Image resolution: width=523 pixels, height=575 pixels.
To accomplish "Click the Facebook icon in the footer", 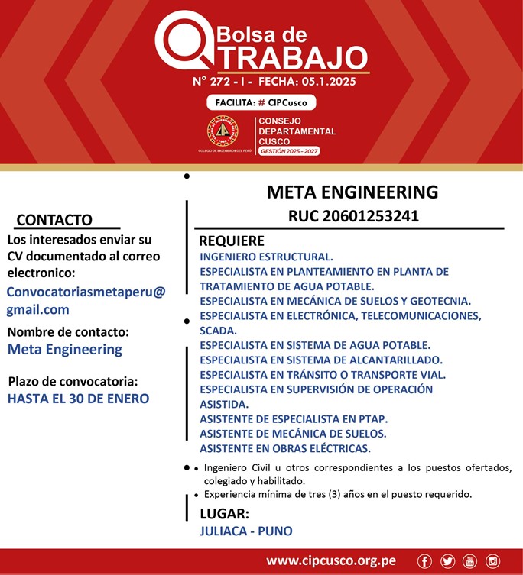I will pos(425,561).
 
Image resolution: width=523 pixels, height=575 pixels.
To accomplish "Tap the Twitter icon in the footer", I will pos(448,561).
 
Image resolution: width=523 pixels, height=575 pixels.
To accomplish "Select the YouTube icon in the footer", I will pos(470,561).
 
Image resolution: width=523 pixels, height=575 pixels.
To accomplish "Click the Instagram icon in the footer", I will pos(493,561).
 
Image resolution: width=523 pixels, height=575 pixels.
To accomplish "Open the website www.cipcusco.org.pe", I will pos(331,561).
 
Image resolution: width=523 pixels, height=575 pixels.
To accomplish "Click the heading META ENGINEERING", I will pos(352,192).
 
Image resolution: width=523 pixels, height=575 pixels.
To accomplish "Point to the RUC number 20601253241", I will pos(353,216).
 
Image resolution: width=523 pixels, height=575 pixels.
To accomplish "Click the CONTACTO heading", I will pos(54,220).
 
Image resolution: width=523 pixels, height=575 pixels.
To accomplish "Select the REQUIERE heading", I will pos(232,241).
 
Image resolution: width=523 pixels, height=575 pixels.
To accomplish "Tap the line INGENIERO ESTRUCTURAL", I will pos(266,257).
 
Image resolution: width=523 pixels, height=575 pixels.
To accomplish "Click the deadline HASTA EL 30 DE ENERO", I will pos(78,399).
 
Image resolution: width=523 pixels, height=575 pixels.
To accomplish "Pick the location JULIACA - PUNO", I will pos(245,531).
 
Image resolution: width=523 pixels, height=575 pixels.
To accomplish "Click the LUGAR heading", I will pos(224,513).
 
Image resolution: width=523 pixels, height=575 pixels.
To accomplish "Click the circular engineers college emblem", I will pos(223,132).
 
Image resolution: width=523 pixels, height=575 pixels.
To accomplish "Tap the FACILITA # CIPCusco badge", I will pos(261,102).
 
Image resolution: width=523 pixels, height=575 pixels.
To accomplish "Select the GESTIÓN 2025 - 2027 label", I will pos(289,152).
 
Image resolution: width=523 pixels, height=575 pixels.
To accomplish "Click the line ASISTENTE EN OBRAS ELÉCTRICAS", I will pos(285,448).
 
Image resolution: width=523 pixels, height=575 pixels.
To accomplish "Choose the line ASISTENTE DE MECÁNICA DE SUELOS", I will pos(293,434).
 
